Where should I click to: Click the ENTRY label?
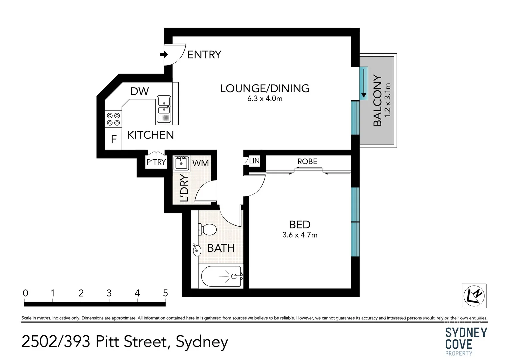click(x=204, y=55)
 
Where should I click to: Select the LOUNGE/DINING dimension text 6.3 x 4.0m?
click(x=265, y=99)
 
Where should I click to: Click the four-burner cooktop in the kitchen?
click(x=113, y=119)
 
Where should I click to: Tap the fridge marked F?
click(x=114, y=139)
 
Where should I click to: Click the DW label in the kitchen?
click(x=140, y=91)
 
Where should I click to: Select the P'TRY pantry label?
click(x=156, y=162)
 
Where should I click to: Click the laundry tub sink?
click(x=181, y=163)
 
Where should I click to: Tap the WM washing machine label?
click(x=200, y=163)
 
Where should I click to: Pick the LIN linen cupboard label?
click(x=254, y=161)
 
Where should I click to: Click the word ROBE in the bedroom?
click(x=307, y=161)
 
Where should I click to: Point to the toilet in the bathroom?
click(x=207, y=230)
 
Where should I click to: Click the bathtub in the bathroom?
click(x=221, y=276)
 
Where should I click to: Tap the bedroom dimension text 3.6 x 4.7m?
click(x=300, y=235)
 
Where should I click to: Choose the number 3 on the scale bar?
click(x=109, y=293)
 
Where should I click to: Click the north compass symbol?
click(x=474, y=296)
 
